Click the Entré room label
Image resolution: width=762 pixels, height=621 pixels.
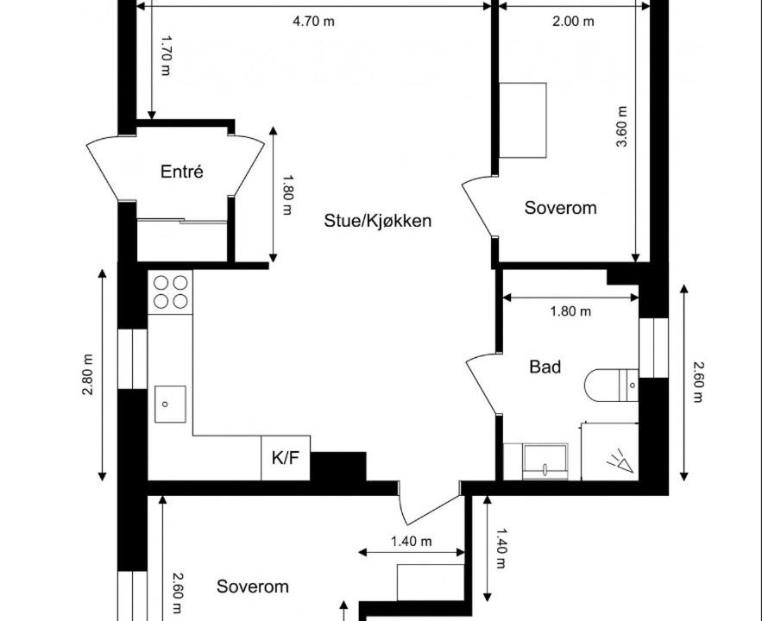pos(182,172)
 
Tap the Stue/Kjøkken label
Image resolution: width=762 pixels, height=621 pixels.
pos(378,221)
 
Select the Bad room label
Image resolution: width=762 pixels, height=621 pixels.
pos(545,367)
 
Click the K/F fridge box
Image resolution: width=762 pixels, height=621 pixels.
pos(286,458)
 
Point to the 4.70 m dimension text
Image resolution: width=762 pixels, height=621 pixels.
pos(313,22)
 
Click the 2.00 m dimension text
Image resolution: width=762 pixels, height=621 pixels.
pos(574,22)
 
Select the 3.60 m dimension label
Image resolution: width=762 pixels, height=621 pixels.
pos(621,127)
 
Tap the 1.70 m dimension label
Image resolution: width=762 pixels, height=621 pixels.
pos(166,55)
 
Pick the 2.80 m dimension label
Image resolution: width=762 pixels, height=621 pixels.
pos(87,374)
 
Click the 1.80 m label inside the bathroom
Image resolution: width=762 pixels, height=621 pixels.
pos(570,310)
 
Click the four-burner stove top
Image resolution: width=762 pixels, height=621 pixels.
pos(171,292)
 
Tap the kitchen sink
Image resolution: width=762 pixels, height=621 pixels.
pos(170,404)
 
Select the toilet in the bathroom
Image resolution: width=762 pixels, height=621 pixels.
pos(611,386)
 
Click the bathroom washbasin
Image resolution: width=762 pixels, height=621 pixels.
pos(545,460)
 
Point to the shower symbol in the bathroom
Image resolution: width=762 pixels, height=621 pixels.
pos(620,461)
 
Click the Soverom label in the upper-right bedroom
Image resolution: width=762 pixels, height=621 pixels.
pos(560,208)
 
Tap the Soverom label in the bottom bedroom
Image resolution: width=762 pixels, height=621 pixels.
pos(253,586)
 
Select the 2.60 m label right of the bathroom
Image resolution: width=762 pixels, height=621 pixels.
pos(698,382)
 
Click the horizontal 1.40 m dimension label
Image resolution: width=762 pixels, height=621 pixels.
pos(412,541)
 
